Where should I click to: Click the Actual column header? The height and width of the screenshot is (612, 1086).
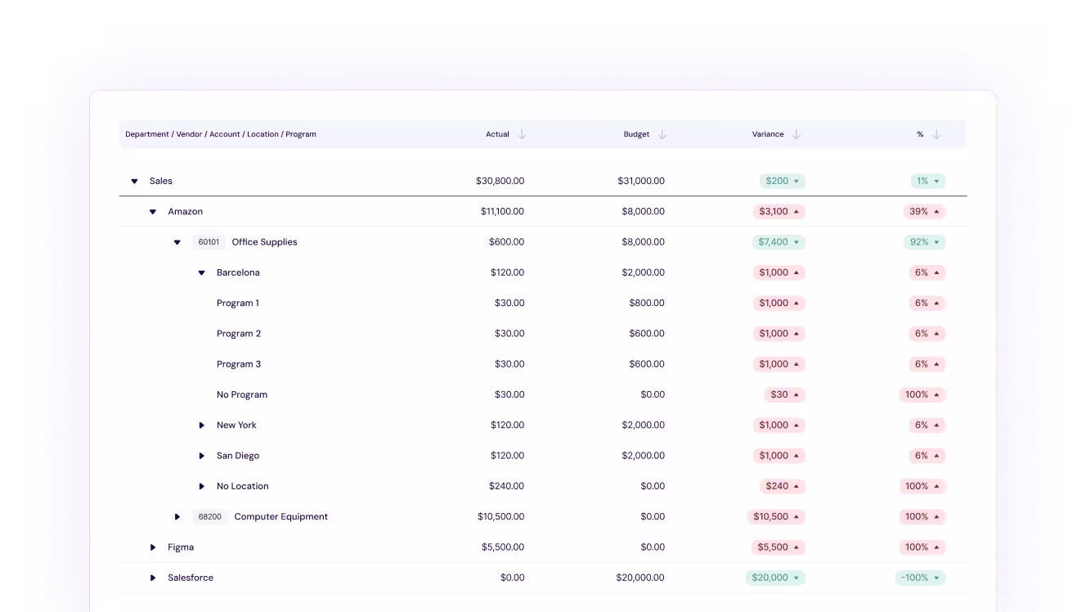(x=497, y=134)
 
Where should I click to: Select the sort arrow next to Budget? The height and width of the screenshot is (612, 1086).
(x=662, y=134)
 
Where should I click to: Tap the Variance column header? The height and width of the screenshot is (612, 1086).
(x=768, y=134)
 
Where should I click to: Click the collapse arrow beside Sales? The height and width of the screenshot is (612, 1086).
(x=135, y=182)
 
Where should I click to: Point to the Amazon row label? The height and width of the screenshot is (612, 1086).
(x=185, y=212)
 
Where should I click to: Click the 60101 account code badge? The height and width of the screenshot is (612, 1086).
(x=209, y=242)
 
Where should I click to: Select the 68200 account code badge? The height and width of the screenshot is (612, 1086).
(x=210, y=517)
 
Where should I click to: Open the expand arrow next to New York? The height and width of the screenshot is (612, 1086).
(x=202, y=425)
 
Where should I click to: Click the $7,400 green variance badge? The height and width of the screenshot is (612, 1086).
(x=778, y=242)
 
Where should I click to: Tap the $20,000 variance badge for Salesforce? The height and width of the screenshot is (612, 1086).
(x=774, y=578)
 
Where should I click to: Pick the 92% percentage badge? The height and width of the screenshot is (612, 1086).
(x=923, y=242)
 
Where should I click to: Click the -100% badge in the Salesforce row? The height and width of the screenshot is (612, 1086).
(x=919, y=578)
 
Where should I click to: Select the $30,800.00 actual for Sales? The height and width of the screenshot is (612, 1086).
(x=500, y=182)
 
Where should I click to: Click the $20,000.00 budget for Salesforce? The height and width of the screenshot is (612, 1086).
(x=640, y=578)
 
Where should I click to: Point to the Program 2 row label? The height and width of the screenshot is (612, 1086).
(x=239, y=334)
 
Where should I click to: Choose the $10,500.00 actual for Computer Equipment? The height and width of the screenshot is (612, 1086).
(x=500, y=517)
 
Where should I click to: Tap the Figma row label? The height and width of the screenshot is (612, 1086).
(x=181, y=547)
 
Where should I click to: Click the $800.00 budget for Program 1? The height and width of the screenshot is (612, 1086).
(x=646, y=304)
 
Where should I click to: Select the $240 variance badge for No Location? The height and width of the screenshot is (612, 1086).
(x=783, y=486)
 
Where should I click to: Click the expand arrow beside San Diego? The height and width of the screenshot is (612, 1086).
(x=202, y=456)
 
